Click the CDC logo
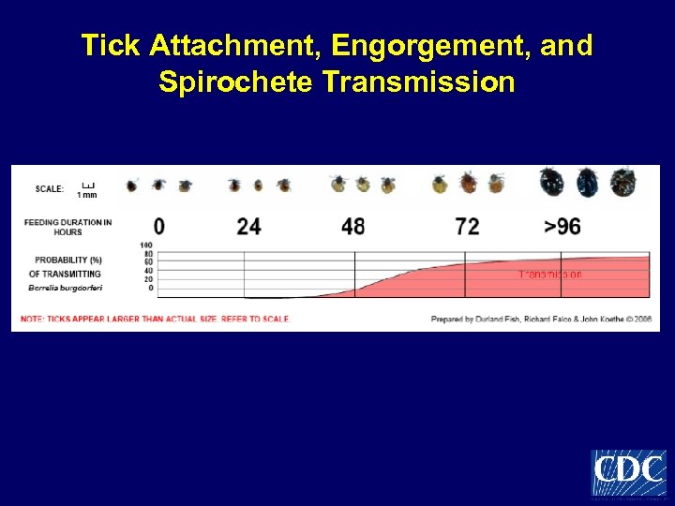tap(627, 472)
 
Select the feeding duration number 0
tap(158, 226)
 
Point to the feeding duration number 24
tap(248, 226)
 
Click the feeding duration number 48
tap(352, 226)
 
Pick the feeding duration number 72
tap(466, 226)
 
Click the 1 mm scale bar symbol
tap(87, 184)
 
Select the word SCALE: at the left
tap(50, 188)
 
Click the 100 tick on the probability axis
tap(146, 246)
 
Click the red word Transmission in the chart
tap(550, 275)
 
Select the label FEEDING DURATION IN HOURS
tap(68, 227)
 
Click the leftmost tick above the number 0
tap(132, 186)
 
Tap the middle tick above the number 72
tap(467, 182)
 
